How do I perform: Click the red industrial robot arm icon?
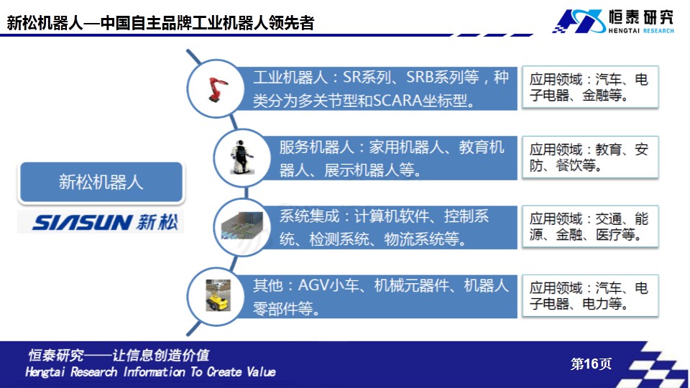[217, 89]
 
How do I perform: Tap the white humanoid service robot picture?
[241, 157]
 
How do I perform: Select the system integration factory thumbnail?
[242, 226]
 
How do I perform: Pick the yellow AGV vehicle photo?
[218, 295]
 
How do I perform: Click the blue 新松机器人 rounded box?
[101, 182]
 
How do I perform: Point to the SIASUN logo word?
[81, 223]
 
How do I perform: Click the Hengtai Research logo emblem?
[579, 21]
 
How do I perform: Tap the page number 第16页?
[591, 364]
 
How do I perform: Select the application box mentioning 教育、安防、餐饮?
[590, 157]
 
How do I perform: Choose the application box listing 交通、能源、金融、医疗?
[590, 226]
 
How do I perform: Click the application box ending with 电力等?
[590, 295]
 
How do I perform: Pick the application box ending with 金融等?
[590, 87]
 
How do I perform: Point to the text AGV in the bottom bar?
[313, 285]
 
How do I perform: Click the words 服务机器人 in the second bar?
[316, 147]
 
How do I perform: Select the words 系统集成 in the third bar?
[309, 216]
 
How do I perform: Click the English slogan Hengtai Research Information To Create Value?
[150, 372]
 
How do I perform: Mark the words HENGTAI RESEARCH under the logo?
[641, 30]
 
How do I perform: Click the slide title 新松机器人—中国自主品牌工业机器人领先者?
[160, 22]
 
